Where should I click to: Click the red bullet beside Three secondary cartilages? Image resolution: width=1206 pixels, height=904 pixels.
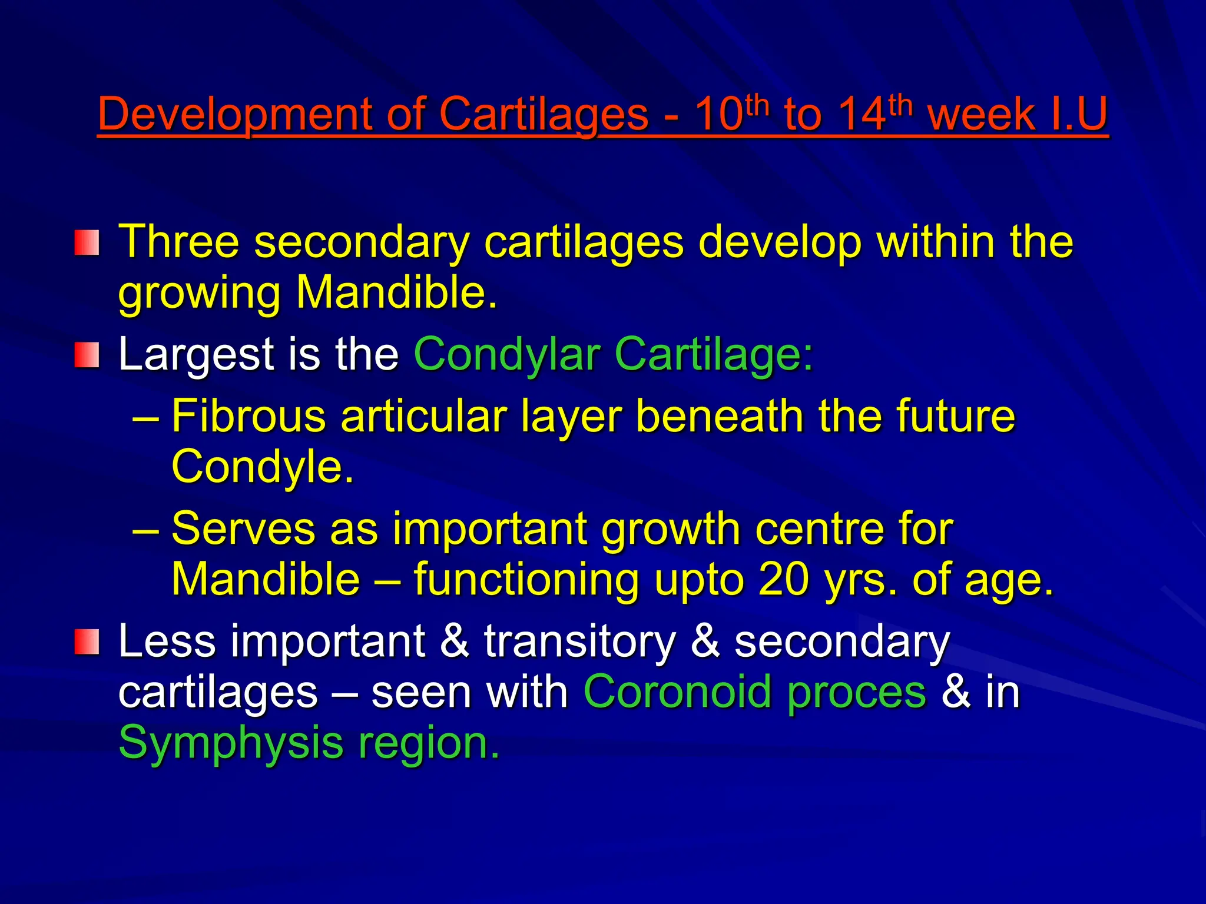[87, 242]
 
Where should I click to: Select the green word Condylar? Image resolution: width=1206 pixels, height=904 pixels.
[506, 355]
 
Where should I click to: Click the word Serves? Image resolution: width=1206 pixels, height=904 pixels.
[243, 529]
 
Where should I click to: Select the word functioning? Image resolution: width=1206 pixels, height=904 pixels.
[526, 580]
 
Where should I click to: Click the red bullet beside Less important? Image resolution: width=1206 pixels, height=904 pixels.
[87, 642]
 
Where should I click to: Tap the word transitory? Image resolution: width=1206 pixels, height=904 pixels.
[579, 642]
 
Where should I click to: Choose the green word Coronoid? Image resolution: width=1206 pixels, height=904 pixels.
[677, 692]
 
